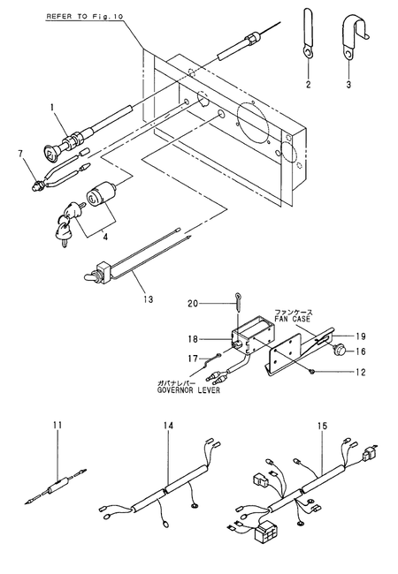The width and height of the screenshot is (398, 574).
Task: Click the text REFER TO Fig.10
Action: pyautogui.click(x=85, y=17)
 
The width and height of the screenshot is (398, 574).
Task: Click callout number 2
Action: pyautogui.click(x=308, y=84)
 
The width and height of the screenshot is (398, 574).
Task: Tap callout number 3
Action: pyautogui.click(x=348, y=84)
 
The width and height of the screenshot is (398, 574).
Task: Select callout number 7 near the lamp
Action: pyautogui.click(x=20, y=153)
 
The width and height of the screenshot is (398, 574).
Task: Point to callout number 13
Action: pyautogui.click(x=148, y=299)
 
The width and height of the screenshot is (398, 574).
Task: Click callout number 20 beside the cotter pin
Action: pyautogui.click(x=193, y=304)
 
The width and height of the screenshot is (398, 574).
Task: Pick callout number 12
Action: pyautogui.click(x=361, y=373)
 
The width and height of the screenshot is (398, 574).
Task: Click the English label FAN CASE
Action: pyautogui.click(x=293, y=319)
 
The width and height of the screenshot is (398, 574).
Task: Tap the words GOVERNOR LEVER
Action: pyautogui.click(x=188, y=390)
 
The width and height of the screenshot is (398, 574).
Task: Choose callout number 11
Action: pyautogui.click(x=57, y=425)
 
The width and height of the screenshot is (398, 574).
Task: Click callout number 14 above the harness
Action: pyautogui.click(x=169, y=426)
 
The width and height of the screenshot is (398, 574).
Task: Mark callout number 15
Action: pyautogui.click(x=322, y=426)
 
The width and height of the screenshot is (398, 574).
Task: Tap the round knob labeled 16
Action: pyautogui.click(x=339, y=351)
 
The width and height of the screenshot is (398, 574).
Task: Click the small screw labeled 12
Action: pyautogui.click(x=311, y=372)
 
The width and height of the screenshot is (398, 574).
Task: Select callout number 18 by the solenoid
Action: pyautogui.click(x=193, y=339)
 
